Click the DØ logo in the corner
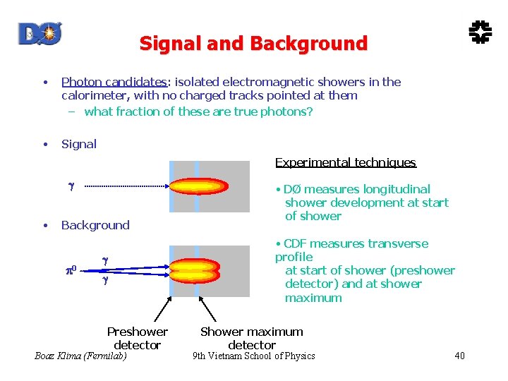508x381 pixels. pyautogui.click(x=40, y=33)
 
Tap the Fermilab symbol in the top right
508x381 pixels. pyautogui.click(x=480, y=31)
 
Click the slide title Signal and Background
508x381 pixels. pyautogui.click(x=253, y=44)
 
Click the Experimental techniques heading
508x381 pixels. pyautogui.click(x=345, y=163)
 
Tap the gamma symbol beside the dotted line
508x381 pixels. pyautogui.click(x=71, y=187)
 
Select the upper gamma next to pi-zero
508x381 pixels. pyautogui.click(x=105, y=260)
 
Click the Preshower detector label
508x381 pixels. pyautogui.click(x=137, y=338)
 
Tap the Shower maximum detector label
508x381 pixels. pyautogui.click(x=251, y=338)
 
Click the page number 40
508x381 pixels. pyautogui.click(x=459, y=356)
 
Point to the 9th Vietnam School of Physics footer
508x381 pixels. pyautogui.click(x=253, y=356)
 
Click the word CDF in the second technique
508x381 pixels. pyautogui.click(x=295, y=244)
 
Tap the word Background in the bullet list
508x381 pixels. pyautogui.click(x=95, y=225)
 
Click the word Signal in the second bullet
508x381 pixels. pyautogui.click(x=79, y=144)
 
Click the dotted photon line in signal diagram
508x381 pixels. pyautogui.click(x=124, y=187)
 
